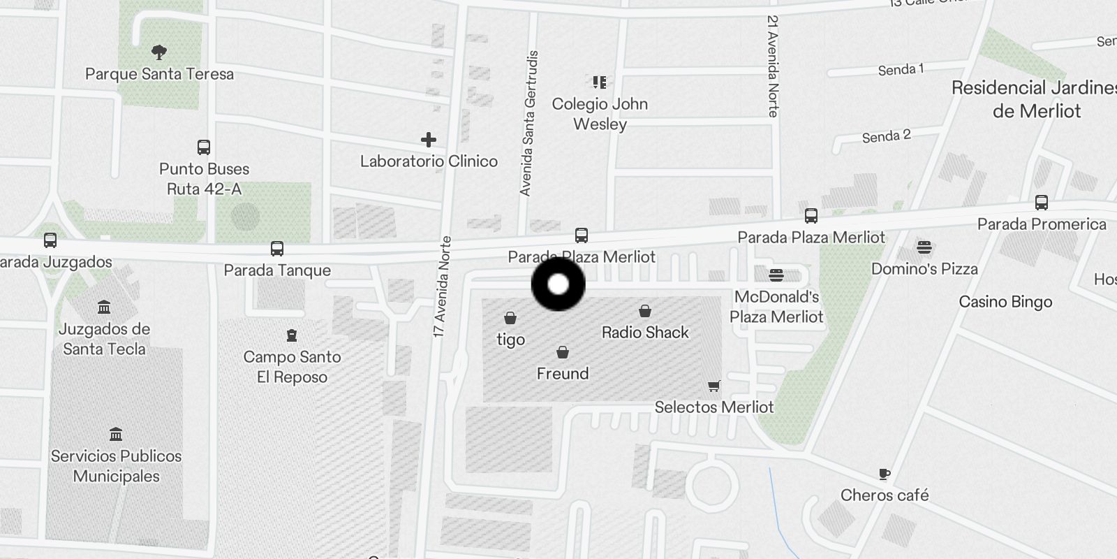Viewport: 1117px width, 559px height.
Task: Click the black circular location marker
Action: click(558, 284)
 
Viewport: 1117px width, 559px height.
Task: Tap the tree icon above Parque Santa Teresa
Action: click(159, 52)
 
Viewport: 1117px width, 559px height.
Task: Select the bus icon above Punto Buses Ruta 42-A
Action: click(204, 147)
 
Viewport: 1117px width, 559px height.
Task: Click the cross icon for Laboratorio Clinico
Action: click(429, 140)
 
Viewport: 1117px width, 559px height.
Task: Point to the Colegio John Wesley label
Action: click(600, 114)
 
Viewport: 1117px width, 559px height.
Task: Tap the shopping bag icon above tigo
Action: click(510, 319)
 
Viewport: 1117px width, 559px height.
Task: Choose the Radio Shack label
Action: click(645, 333)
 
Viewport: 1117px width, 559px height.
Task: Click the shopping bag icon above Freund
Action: click(563, 352)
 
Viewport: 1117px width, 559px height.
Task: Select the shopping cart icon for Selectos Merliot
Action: click(713, 386)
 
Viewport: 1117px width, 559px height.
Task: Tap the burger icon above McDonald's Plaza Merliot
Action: click(776, 275)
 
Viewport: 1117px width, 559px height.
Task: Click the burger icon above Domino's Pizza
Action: click(924, 247)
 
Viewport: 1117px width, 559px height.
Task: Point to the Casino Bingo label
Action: click(1005, 302)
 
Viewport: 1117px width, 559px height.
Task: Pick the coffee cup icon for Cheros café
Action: click(885, 474)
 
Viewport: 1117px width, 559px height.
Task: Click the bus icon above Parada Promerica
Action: click(1042, 203)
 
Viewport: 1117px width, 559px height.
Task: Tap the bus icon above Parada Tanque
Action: click(277, 249)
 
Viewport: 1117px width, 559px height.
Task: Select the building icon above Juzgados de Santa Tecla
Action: click(104, 307)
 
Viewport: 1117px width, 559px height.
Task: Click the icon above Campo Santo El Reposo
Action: click(292, 336)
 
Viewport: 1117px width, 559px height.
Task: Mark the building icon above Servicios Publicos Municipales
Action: click(116, 435)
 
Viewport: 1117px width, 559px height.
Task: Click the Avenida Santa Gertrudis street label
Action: click(528, 123)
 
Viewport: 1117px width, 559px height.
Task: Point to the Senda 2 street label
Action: click(886, 136)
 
